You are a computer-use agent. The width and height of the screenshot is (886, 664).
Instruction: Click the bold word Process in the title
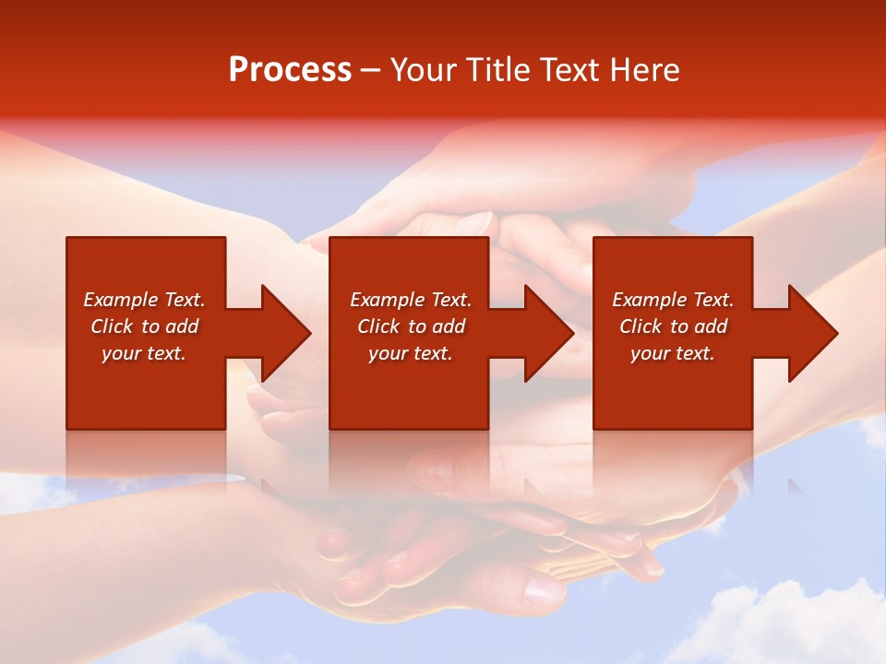point(290,70)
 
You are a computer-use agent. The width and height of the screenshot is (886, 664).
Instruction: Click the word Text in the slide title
point(567,70)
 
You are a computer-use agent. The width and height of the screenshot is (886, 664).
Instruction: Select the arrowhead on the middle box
point(548,333)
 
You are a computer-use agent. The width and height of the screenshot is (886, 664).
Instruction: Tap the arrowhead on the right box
point(812,333)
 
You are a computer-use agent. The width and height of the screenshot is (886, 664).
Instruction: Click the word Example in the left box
point(120,300)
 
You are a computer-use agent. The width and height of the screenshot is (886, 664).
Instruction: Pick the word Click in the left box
point(112,326)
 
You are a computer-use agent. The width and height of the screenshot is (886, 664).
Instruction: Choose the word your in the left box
point(120,354)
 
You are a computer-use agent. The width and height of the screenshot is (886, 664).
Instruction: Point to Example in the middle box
point(387,300)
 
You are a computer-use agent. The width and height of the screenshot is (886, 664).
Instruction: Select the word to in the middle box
point(417,326)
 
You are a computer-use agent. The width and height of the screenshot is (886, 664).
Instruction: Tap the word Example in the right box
point(649,300)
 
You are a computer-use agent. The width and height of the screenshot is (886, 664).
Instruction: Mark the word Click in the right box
point(641,326)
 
